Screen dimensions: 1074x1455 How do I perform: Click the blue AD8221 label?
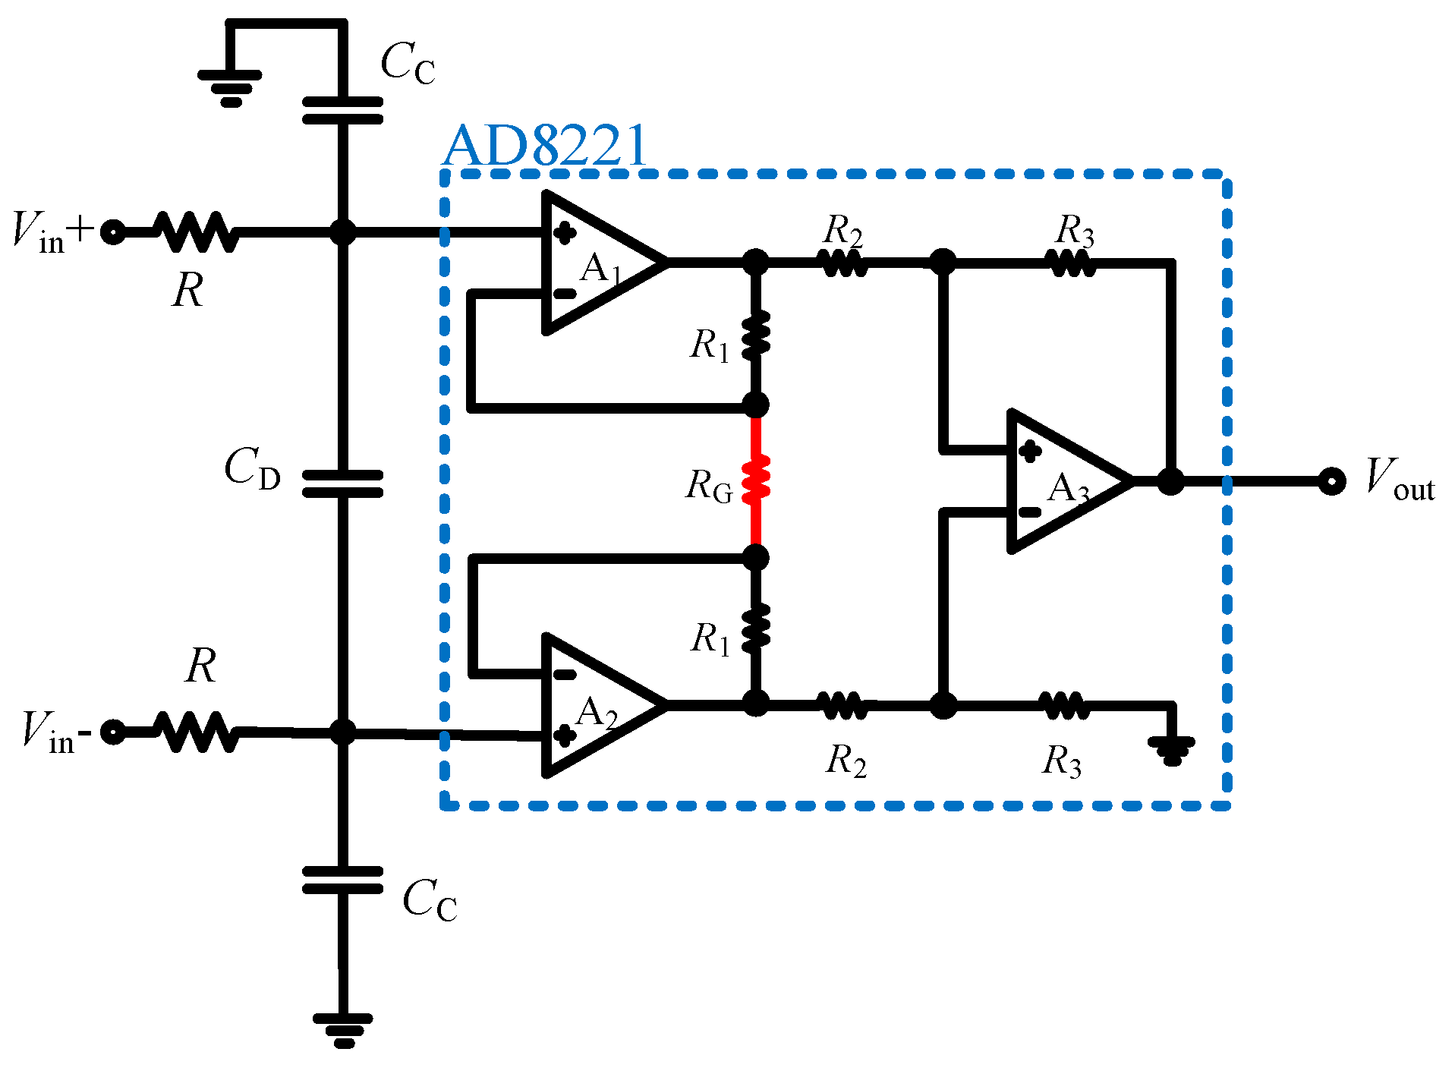(545, 146)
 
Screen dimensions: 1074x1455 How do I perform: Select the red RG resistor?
(756, 480)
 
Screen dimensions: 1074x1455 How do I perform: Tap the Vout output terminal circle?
(1331, 481)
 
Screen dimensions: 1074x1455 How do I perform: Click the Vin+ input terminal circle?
(113, 231)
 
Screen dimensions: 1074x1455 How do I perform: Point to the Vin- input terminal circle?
(113, 732)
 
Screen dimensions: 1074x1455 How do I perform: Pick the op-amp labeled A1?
(596, 263)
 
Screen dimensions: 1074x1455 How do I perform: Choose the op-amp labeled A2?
(596, 706)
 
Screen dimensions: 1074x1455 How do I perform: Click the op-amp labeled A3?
(1063, 481)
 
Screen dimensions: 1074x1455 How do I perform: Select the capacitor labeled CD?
(342, 483)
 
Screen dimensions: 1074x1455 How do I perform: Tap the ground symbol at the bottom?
(343, 1029)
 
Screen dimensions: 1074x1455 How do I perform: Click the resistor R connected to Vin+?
(195, 231)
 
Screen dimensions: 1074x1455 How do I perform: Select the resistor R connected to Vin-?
(195, 732)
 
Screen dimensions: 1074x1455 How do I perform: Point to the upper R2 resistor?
(842, 263)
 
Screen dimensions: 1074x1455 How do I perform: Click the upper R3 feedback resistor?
(1070, 263)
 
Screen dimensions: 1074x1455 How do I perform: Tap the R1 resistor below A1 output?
(756, 335)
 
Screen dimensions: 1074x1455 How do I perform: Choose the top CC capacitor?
(342, 110)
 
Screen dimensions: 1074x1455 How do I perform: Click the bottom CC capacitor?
(342, 880)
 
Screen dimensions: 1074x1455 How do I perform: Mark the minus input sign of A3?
(1029, 512)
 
